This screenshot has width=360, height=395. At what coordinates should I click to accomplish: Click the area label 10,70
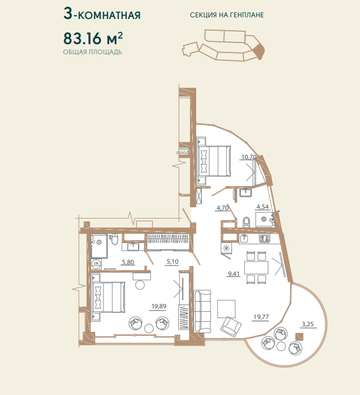[x=249, y=157]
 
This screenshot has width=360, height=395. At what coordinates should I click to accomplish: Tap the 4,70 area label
[x=222, y=208]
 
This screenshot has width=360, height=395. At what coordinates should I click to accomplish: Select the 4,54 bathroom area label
[x=262, y=207]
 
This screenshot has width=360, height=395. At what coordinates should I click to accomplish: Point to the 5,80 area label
[x=128, y=262]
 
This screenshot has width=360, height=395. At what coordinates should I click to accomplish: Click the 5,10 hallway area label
[x=172, y=261]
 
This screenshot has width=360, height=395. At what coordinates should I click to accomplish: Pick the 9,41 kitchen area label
[x=234, y=274]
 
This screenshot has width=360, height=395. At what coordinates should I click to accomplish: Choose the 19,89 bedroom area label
[x=159, y=306]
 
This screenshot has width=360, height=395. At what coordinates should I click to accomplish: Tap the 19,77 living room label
[x=261, y=317]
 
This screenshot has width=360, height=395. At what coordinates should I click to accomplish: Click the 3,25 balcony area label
[x=308, y=324]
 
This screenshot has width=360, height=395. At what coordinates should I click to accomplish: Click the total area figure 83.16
[x=82, y=39]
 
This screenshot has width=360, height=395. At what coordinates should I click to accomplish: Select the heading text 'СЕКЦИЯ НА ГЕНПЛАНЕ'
[x=227, y=15]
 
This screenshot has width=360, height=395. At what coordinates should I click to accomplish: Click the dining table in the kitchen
[x=256, y=268]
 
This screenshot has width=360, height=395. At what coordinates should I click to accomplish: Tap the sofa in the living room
[x=202, y=311]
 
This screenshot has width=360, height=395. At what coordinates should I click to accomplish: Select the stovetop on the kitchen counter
[x=265, y=238]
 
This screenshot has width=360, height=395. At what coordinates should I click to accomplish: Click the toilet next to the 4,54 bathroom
[x=246, y=222]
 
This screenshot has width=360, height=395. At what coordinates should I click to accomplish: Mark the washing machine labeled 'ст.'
[x=96, y=264]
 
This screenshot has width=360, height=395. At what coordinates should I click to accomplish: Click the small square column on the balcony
[x=299, y=337]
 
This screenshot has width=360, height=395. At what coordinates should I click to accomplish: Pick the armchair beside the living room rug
[x=231, y=327]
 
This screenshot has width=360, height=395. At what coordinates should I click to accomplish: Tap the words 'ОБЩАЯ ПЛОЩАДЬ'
[x=93, y=52]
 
